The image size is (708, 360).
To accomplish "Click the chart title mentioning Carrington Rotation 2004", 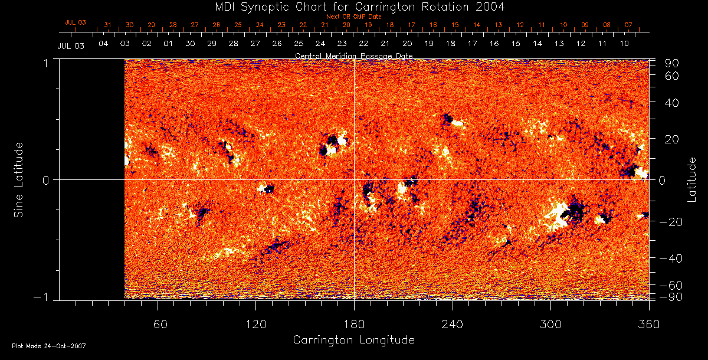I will coord(353,7).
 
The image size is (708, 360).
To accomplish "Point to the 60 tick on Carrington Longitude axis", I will coord(158,325).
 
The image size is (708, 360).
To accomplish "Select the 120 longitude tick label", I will coord(255,325).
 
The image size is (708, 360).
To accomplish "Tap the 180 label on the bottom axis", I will coord(354,325).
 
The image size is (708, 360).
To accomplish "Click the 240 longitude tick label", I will coord(453,325).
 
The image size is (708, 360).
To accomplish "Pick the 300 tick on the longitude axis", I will coord(550,325).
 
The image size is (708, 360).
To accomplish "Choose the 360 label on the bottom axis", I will coord(648,325).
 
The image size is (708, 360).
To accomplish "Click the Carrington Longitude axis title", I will coord(353,340).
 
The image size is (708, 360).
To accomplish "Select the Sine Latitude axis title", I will coord(19,179).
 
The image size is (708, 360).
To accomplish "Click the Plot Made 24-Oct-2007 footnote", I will coord(49,346).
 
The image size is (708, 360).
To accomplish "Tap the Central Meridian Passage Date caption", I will coord(353,55).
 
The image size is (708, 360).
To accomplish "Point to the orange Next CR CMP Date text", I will coord(354,17).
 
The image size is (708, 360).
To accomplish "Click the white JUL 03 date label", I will coord(71,46).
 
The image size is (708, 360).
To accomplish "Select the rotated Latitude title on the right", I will coord(691,179).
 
